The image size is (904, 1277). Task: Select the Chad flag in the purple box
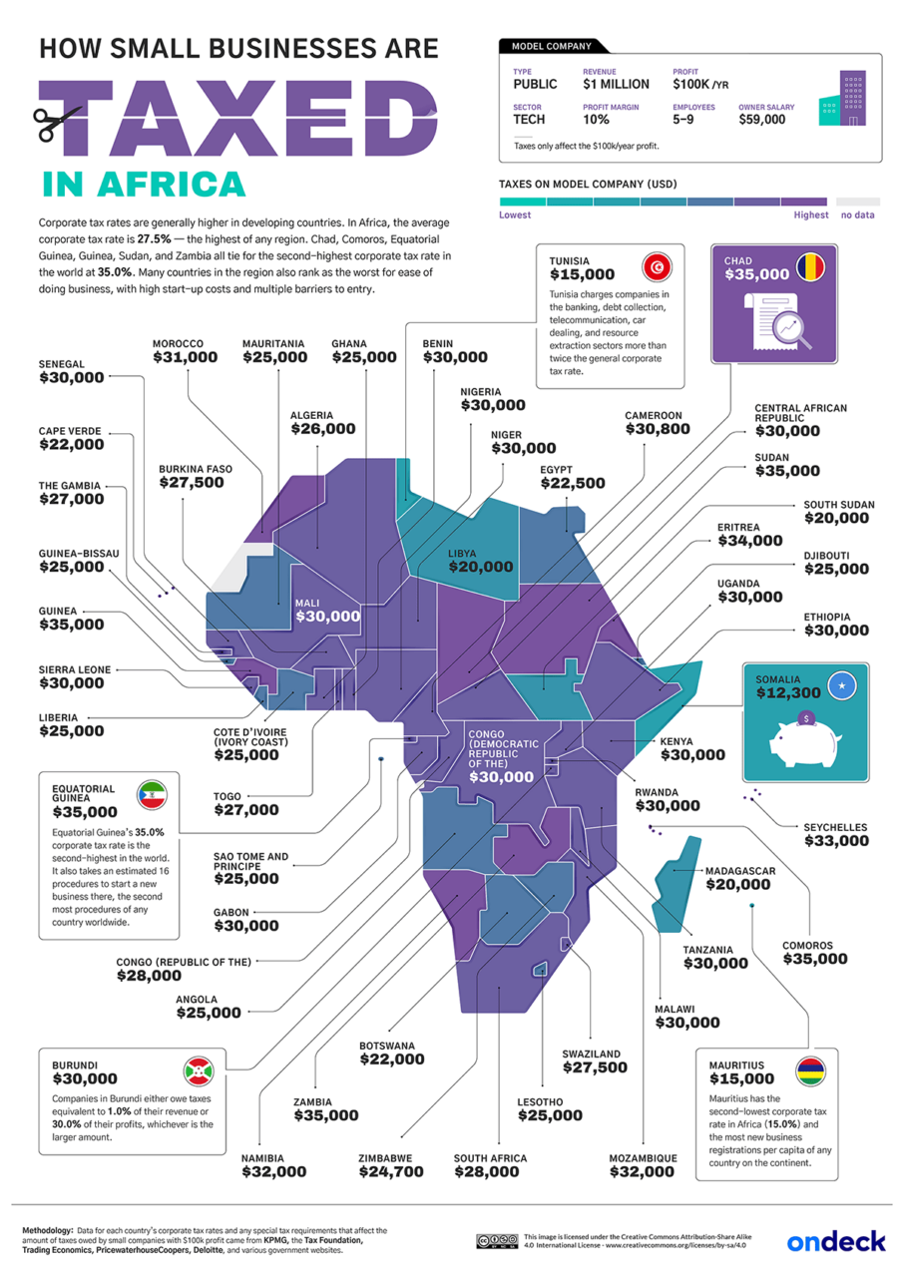811,266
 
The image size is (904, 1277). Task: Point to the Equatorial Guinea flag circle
153,796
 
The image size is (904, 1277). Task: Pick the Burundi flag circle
196,1071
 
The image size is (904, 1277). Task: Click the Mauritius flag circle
810,1071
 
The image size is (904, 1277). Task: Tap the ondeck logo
835,1240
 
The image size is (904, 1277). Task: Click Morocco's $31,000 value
185,356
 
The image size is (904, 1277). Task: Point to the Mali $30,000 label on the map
327,617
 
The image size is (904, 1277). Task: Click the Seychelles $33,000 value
836,841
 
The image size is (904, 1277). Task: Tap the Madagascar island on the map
672,883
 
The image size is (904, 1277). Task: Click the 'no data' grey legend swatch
857,201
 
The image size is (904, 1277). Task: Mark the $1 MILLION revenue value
616,85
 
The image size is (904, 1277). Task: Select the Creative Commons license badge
496,1240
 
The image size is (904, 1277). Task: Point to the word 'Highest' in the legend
810,214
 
